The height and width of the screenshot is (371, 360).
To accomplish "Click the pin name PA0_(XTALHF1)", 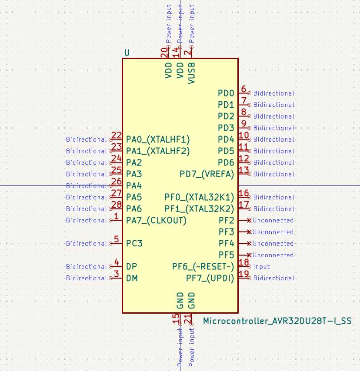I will pyautogui.click(x=158, y=139).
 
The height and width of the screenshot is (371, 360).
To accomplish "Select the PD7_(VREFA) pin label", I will pyautogui.click(x=207, y=174).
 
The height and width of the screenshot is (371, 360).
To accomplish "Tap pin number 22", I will pyautogui.click(x=116, y=136).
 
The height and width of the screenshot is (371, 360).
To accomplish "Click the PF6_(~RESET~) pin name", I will pyautogui.click(x=203, y=267).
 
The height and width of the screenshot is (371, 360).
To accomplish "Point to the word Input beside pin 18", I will pyautogui.click(x=261, y=267).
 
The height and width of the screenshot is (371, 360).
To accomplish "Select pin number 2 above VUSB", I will pyautogui.click(x=187, y=53).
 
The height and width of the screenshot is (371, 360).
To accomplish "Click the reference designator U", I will pyautogui.click(x=127, y=53).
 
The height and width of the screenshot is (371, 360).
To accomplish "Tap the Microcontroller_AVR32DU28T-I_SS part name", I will pyautogui.click(x=277, y=321).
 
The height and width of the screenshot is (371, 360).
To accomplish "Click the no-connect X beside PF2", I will pyautogui.click(x=249, y=220).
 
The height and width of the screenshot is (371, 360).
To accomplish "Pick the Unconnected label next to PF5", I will pyautogui.click(x=273, y=255).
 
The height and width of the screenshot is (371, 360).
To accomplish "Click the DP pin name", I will pyautogui.click(x=131, y=267).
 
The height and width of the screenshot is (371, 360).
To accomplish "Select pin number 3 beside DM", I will pyautogui.click(x=116, y=274).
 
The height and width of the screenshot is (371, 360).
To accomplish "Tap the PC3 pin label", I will pyautogui.click(x=134, y=243).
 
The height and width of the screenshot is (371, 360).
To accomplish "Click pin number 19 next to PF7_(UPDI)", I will pyautogui.click(x=243, y=274).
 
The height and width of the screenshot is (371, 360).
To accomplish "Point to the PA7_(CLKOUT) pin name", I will pyautogui.click(x=156, y=220).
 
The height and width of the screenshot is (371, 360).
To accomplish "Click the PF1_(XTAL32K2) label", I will pyautogui.click(x=199, y=209).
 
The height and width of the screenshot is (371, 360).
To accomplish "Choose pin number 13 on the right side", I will pyautogui.click(x=243, y=170).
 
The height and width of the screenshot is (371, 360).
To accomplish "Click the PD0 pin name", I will pyautogui.click(x=226, y=93).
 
